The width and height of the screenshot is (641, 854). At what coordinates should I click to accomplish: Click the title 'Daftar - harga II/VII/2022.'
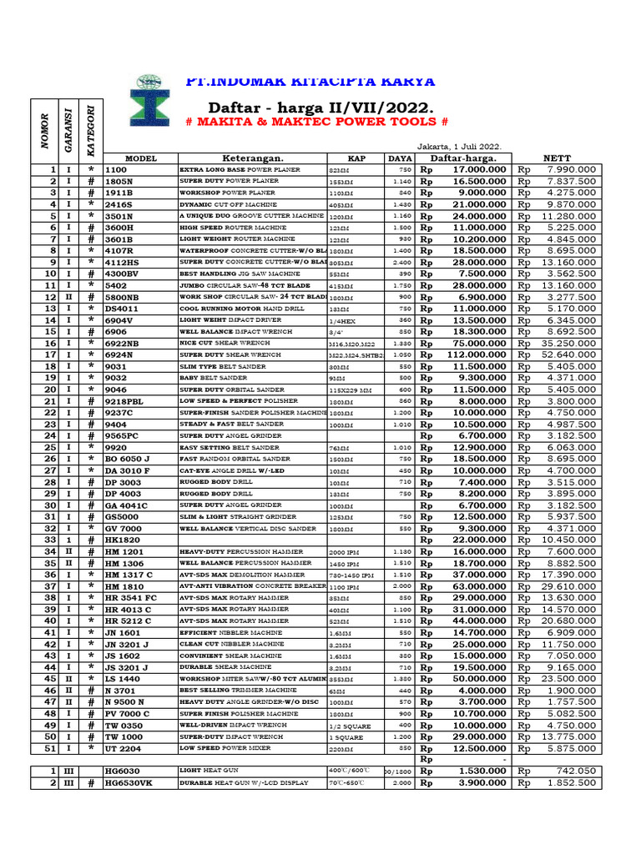tap(321, 108)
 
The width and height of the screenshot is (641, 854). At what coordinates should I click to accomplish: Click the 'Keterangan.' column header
tap(252, 158)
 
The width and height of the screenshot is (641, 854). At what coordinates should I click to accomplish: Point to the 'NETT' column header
tap(557, 158)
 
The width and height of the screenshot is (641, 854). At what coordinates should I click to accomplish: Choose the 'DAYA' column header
tap(399, 158)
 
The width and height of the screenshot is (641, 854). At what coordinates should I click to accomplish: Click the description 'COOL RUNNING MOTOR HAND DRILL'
tap(232, 309)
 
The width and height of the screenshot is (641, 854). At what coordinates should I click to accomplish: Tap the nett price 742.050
tap(572, 771)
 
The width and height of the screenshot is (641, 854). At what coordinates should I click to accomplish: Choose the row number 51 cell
tap(49, 748)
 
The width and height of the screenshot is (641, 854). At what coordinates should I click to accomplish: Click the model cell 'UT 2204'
tap(123, 748)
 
